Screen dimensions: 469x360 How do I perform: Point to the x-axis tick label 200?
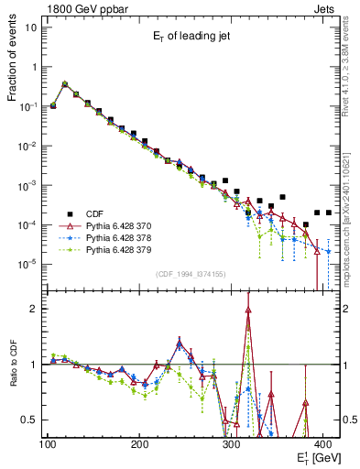tap(140, 444)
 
